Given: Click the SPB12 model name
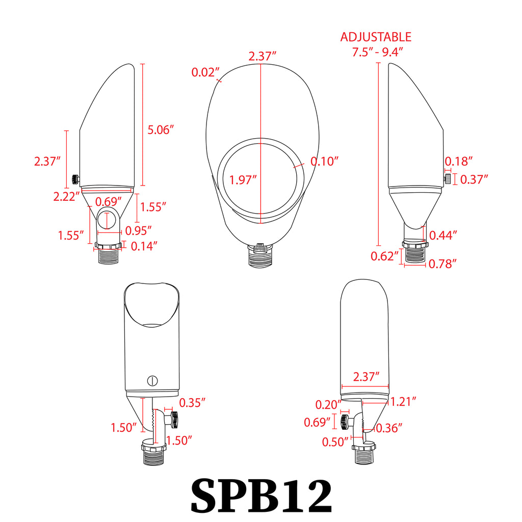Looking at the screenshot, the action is click(x=262, y=495).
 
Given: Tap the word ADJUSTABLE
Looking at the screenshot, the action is click(x=376, y=37).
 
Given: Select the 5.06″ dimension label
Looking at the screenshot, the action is click(x=161, y=130).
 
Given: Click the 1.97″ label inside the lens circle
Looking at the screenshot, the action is click(x=243, y=180).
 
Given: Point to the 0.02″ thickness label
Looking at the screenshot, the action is click(x=205, y=72).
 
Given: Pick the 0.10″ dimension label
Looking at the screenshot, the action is click(x=324, y=161).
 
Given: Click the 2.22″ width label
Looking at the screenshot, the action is click(x=67, y=196).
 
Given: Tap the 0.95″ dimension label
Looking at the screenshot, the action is click(x=138, y=230).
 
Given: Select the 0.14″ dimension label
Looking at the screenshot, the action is click(x=144, y=246).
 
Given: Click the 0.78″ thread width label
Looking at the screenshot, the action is click(x=442, y=264).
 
